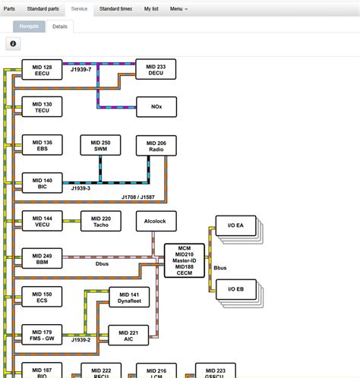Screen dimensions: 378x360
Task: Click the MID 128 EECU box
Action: coord(43,70)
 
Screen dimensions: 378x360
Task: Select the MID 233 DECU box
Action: coord(156,70)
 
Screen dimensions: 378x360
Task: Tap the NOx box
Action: coord(156,106)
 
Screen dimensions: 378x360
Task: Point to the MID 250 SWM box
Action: coord(100,145)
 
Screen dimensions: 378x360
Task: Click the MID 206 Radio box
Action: coord(156,145)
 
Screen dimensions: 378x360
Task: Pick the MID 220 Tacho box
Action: coord(100,220)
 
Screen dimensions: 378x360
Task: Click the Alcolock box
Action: coord(156,220)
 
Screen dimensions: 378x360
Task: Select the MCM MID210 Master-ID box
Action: coord(184,260)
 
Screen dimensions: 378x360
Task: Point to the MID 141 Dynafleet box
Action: coord(129,298)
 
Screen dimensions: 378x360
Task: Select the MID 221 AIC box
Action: coord(129,335)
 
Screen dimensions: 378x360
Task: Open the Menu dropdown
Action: coord(178,8)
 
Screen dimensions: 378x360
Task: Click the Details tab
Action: coord(60,26)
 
